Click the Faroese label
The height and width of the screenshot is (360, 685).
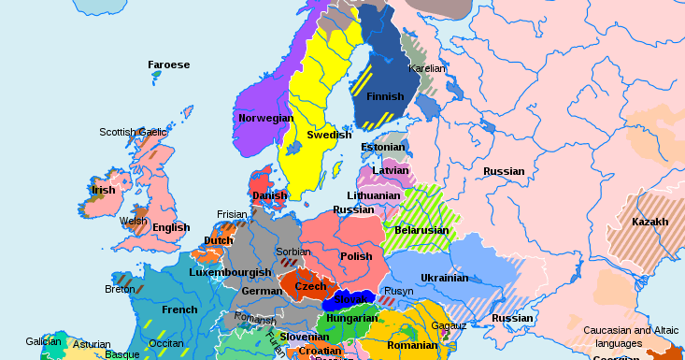(x=168, y=65)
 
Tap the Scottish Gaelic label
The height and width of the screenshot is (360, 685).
(x=133, y=132)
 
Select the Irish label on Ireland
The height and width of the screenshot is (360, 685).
(x=103, y=190)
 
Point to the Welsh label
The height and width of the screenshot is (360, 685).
(x=134, y=222)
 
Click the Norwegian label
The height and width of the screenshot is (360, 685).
(x=265, y=119)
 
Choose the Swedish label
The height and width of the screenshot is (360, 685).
(x=329, y=135)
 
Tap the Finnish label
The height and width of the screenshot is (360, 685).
(x=385, y=96)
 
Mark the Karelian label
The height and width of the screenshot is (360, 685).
(x=427, y=68)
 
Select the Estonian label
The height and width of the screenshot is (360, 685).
(x=383, y=148)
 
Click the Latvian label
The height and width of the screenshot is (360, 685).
(x=391, y=171)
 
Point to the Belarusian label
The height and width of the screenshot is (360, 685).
(x=421, y=230)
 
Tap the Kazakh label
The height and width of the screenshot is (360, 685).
(x=649, y=222)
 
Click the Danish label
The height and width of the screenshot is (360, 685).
(x=270, y=195)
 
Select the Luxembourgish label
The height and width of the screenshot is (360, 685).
(x=229, y=272)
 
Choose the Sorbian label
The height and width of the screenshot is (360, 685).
(x=293, y=252)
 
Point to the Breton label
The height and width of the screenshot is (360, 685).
(x=120, y=289)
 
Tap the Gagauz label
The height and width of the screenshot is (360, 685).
(x=447, y=324)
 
